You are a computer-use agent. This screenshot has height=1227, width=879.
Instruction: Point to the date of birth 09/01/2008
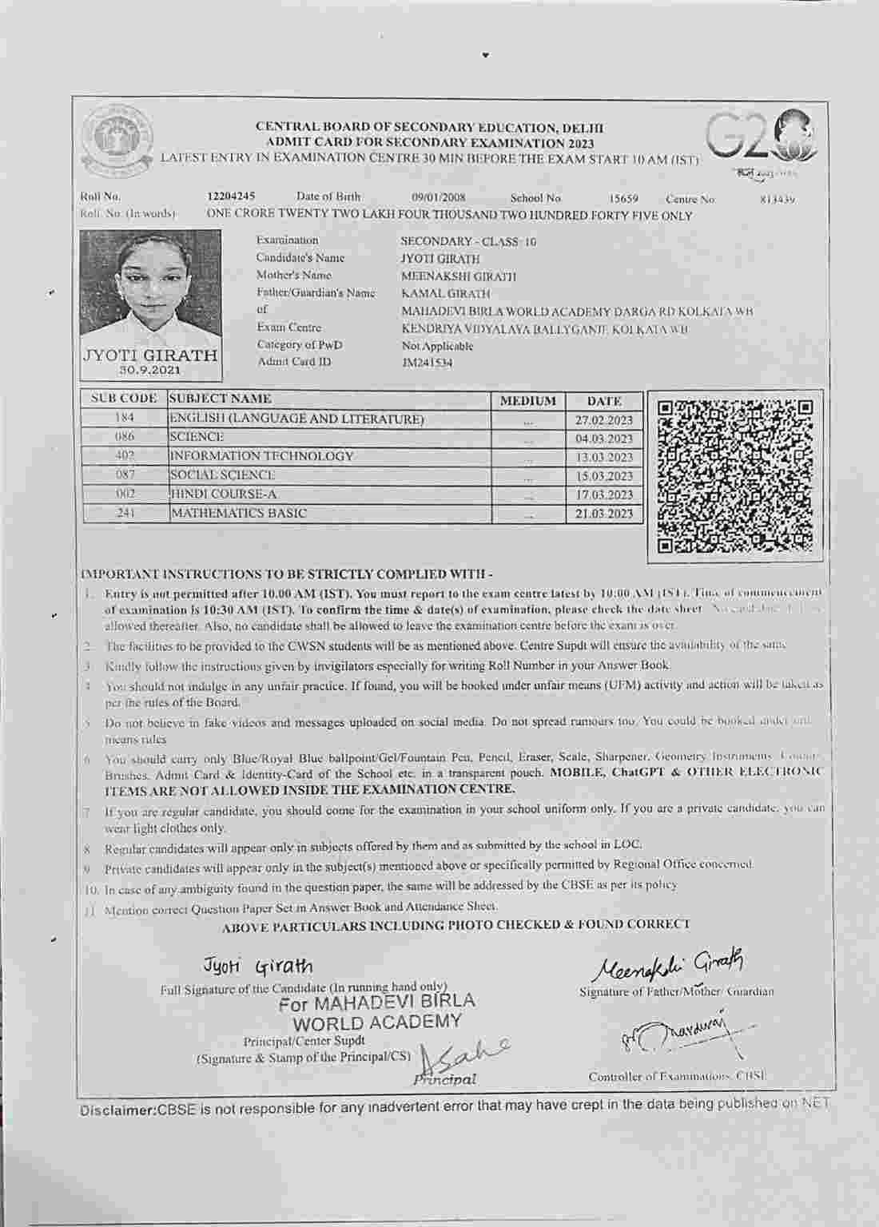pos(439,197)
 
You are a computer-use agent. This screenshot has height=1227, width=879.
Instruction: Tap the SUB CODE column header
pos(124,399)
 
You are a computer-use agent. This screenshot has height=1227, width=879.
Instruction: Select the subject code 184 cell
pos(125,418)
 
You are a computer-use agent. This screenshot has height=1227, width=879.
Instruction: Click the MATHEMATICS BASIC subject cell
pos(238,514)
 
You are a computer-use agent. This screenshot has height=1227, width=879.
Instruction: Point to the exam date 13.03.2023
pos(604,458)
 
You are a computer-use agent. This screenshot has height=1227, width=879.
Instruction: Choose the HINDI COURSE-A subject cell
pos(223,494)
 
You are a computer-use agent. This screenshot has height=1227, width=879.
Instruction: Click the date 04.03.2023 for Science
pos(604,439)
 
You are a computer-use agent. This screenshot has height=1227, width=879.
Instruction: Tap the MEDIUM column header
pos(527,401)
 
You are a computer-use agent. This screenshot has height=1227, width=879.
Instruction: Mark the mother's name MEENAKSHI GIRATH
pos(458,276)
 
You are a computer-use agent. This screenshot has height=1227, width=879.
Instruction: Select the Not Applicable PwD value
pos(437,346)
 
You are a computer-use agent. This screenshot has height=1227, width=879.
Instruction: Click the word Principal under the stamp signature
pos(445,1080)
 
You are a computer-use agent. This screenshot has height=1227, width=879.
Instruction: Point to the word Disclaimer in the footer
pos(117,1110)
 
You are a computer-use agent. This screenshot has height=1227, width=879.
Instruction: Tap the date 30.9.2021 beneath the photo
pos(150,371)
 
